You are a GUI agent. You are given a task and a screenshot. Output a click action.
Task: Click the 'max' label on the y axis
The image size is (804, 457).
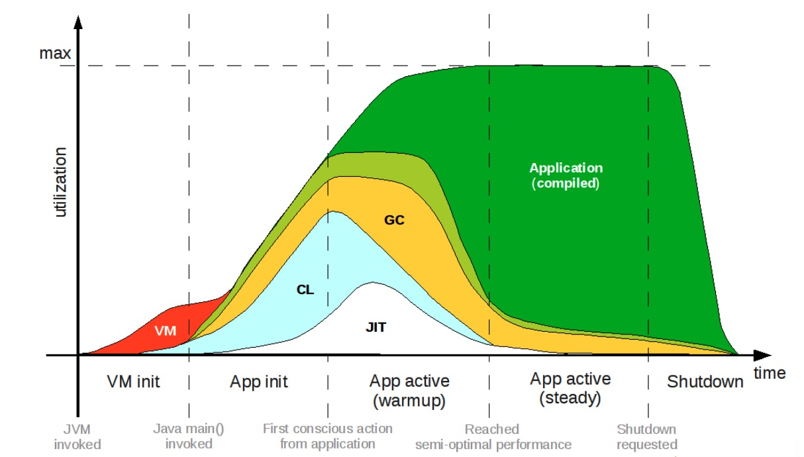pyautogui.click(x=55, y=52)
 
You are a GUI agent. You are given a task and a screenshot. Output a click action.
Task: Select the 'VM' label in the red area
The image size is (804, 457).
pyautogui.click(x=166, y=330)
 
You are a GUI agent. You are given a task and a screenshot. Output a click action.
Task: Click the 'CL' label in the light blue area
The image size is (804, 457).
pyautogui.click(x=305, y=289)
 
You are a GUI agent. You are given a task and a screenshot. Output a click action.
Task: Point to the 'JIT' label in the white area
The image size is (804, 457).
pyautogui.click(x=376, y=326)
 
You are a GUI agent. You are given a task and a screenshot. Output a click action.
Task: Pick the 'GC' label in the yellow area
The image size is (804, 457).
pyautogui.click(x=394, y=220)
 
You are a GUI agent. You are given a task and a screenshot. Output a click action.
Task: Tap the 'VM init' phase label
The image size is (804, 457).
pyautogui.click(x=133, y=382)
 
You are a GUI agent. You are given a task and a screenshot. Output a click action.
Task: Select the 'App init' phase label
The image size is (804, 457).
pyautogui.click(x=259, y=382)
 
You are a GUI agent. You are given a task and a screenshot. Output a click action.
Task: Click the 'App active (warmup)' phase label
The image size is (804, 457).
pyautogui.click(x=409, y=391)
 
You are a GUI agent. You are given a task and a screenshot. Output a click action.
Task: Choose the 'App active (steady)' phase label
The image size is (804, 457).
pyautogui.click(x=570, y=389)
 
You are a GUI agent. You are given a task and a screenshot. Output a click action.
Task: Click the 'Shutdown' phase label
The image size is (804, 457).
pyautogui.click(x=705, y=382)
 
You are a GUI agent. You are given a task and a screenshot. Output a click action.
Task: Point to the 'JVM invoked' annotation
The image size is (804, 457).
pyautogui.click(x=77, y=436)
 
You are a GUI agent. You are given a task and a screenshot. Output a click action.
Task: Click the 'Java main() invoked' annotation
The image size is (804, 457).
pyautogui.click(x=189, y=436)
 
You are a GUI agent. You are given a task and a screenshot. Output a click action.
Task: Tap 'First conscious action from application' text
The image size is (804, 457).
pyautogui.click(x=327, y=436)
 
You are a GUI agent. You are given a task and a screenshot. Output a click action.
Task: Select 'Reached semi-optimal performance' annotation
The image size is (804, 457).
pyautogui.click(x=493, y=436)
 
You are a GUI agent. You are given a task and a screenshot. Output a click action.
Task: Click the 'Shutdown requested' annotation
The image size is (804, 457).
pyautogui.click(x=646, y=436)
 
